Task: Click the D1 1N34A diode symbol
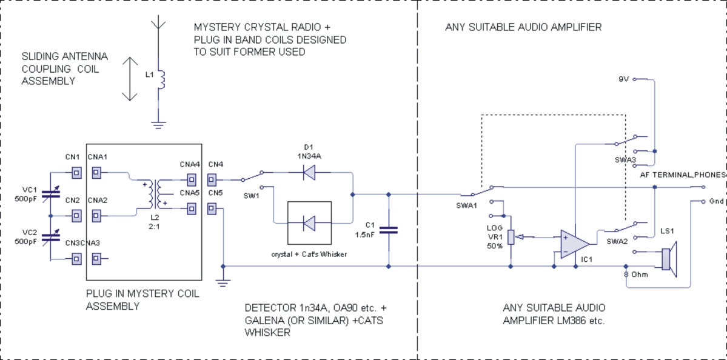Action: (x=309, y=173)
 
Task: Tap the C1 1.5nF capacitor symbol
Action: (x=389, y=230)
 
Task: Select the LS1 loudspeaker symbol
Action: (x=669, y=258)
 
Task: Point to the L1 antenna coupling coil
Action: (x=161, y=79)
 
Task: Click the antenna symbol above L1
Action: (x=158, y=24)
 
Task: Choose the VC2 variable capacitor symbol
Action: (x=51, y=237)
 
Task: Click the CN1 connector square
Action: (x=76, y=173)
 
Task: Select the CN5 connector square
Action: (x=212, y=209)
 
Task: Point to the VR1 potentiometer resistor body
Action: (x=511, y=237)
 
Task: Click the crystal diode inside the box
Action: (x=309, y=224)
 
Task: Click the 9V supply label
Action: (x=625, y=79)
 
